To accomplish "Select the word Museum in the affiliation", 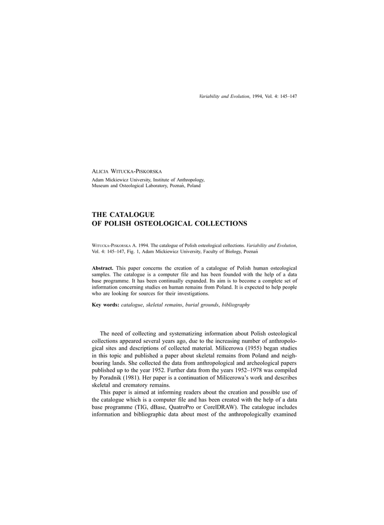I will (101, 186).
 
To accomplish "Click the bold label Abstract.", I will (102, 268).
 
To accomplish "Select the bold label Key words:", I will (105, 305).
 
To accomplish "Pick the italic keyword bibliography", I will (233, 305).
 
